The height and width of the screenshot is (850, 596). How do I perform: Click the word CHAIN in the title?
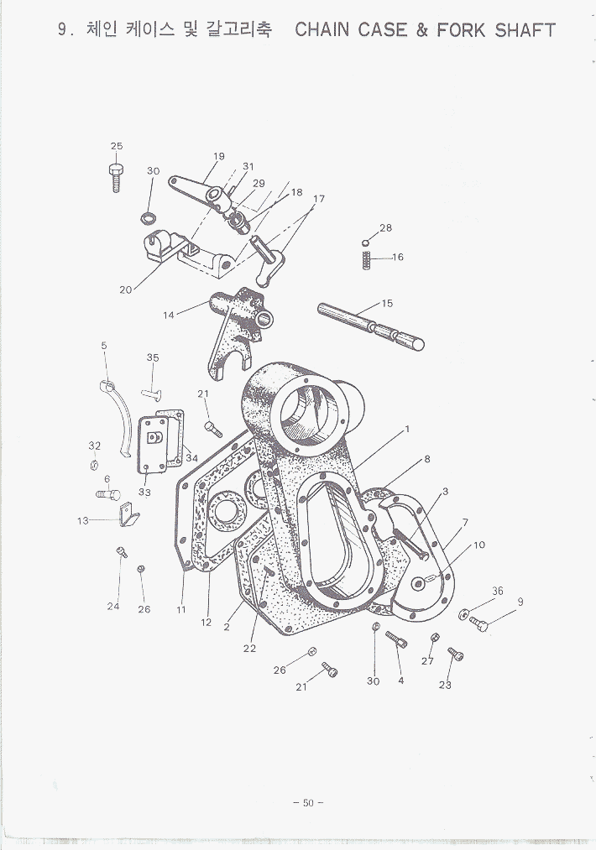coord(322,30)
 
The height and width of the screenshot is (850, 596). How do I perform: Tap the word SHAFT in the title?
coord(525,30)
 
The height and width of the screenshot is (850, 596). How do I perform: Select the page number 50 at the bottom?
coord(308,803)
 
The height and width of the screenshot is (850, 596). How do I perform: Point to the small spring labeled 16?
coord(367,261)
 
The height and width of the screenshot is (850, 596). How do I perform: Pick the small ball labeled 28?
coord(365,242)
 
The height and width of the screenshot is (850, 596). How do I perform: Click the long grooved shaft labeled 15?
coord(371,327)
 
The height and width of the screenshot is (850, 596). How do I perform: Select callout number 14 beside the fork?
coord(169,315)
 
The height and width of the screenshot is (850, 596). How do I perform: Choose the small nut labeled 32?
coord(94,465)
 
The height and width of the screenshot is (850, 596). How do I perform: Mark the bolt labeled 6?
coord(108,494)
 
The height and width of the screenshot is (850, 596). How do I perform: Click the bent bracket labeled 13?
coord(128,514)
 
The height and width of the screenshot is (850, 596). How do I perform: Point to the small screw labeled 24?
coord(122,552)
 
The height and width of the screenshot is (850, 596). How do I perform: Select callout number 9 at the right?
coord(520,602)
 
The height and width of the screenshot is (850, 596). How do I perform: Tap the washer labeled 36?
coord(463,614)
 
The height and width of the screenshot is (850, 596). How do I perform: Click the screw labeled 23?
coord(456,654)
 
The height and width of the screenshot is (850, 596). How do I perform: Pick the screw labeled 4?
coord(396,639)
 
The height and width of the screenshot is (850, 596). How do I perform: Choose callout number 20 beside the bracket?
coord(126,290)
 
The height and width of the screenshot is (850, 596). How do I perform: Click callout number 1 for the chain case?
coord(407,430)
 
